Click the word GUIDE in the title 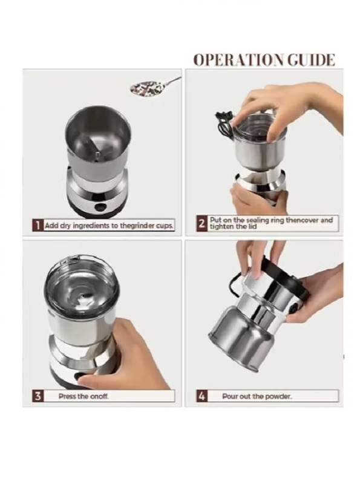[x=308, y=60]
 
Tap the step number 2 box [x=201, y=223]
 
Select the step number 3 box [x=38, y=396]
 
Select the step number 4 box [x=201, y=396]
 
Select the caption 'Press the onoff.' [x=83, y=396]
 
